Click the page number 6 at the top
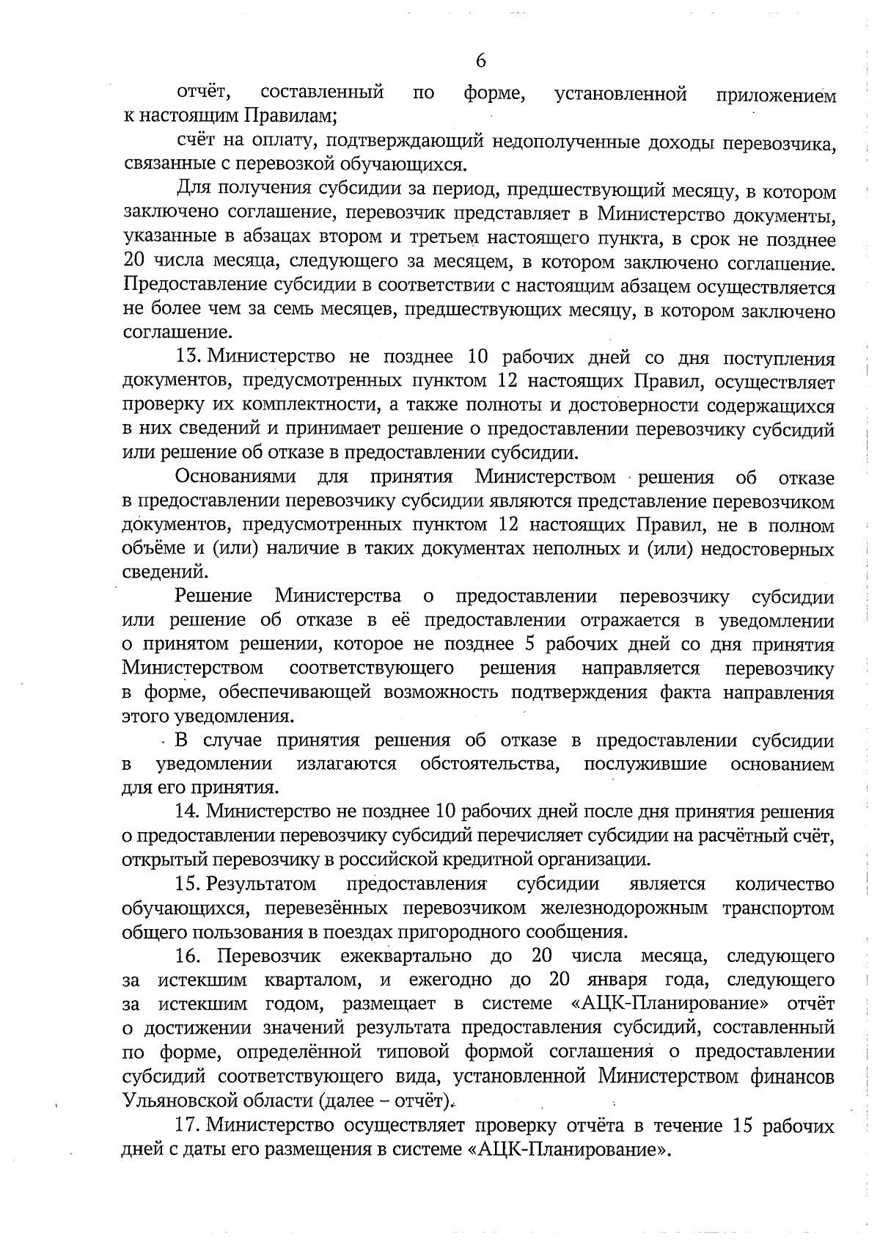coord(481,61)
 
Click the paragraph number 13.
coord(188,359)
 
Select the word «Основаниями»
coord(235,478)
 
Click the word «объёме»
coord(152,549)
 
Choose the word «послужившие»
coord(645,765)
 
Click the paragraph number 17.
coord(188,1125)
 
